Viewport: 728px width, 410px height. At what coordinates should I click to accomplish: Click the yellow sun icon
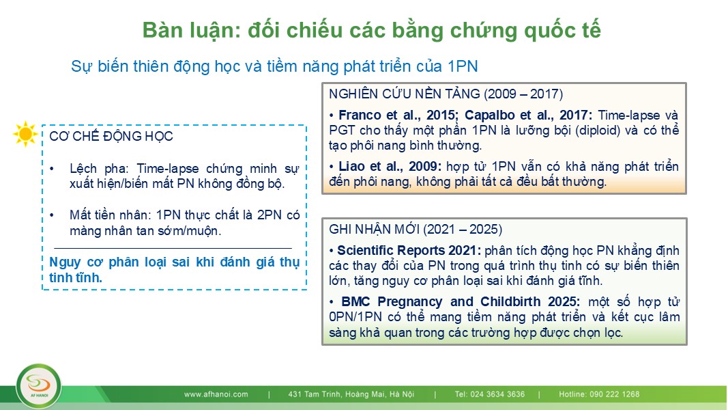coord(25,134)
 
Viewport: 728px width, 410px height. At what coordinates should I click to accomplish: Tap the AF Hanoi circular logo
coord(38,387)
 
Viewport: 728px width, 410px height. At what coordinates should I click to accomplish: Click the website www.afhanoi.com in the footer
coord(216,394)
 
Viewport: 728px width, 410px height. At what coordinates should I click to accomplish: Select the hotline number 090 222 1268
coord(615,394)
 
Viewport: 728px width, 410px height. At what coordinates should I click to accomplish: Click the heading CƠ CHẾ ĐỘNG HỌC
coord(111,136)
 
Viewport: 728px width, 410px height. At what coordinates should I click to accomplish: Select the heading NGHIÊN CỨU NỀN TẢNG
coord(405,94)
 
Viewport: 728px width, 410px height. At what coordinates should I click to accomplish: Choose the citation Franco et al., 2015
coord(399,115)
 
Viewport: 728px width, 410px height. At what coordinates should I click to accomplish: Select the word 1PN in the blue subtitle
coord(463,66)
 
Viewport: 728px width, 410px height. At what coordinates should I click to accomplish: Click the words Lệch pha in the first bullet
coord(99,169)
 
